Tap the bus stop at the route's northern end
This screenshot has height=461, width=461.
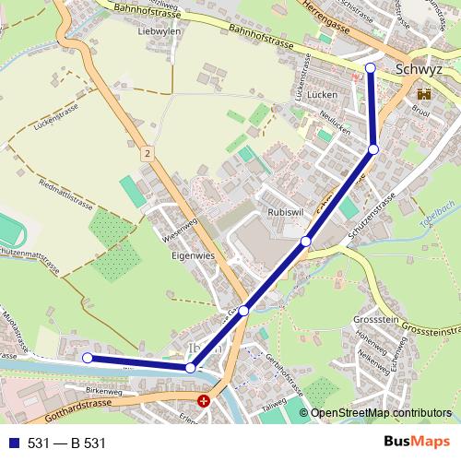pyautogui.click(x=371, y=67)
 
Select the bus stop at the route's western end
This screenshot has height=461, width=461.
pyautogui.click(x=88, y=358)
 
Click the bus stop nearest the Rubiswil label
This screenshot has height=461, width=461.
pyautogui.click(x=305, y=242)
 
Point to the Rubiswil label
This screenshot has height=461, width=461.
pyautogui.click(x=285, y=213)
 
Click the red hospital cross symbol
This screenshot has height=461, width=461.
pyautogui.click(x=204, y=401)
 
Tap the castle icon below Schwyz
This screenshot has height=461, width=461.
pyautogui.click(x=425, y=94)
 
